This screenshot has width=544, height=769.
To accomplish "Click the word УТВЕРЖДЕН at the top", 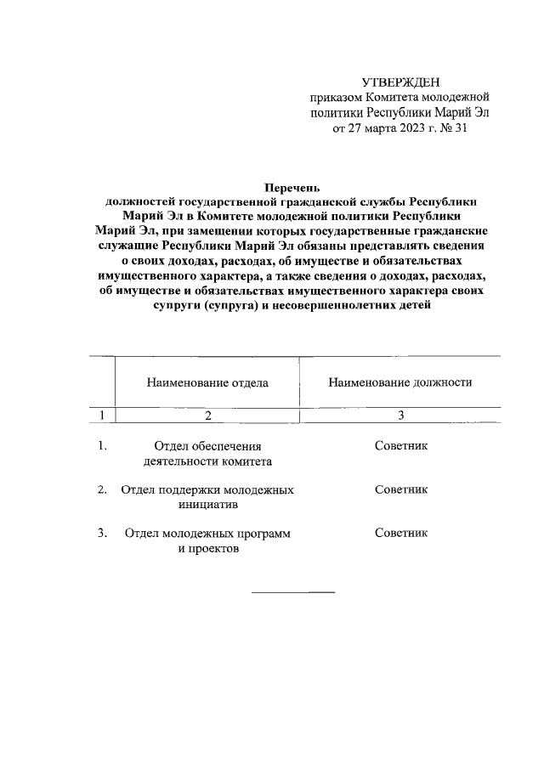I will pos(401,82).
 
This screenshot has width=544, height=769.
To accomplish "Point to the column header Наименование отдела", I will pos(207,382).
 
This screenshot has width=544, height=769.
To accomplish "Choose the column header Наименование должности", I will pos(400,382).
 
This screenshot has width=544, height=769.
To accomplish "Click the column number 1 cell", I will pos(102,415).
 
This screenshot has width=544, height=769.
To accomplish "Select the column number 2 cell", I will pos(207,415).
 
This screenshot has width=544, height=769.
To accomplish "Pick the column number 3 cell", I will pos(400,415).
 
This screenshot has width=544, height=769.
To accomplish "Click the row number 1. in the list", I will pos(102,445).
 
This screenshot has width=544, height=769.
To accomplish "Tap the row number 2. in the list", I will pos(102,489).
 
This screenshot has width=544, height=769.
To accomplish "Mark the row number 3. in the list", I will pos(102,533).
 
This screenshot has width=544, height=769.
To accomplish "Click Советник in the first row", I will pos(400,445).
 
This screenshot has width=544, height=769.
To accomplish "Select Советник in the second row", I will pos(400,489).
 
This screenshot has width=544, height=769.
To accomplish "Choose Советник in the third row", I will pos(400,533).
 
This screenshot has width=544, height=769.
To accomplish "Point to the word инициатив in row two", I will pos(207,505).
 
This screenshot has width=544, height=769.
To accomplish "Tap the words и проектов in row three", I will pos(207,549).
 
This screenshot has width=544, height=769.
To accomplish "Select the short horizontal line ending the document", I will pos(292,591).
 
